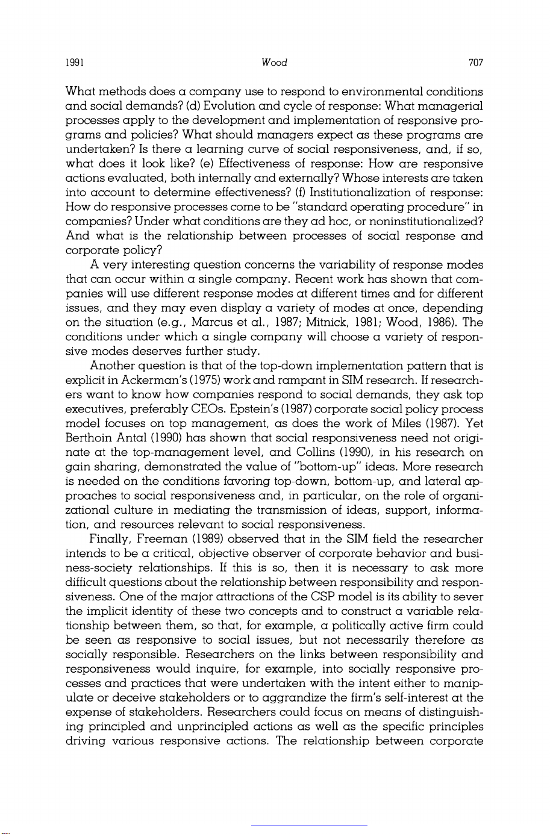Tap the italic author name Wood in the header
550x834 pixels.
pos(275,63)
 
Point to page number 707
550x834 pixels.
pos(475,63)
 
